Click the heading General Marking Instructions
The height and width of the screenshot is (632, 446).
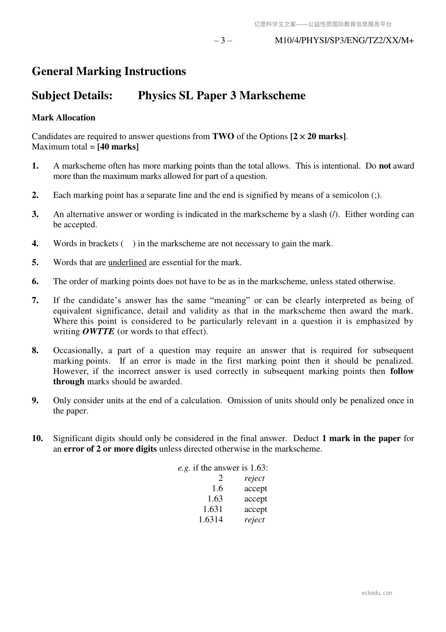pos(109,71)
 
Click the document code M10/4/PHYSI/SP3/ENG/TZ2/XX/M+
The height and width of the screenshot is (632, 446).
pos(344,41)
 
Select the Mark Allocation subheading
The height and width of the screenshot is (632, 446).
pos(63,117)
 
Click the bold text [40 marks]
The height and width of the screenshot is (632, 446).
pos(118,147)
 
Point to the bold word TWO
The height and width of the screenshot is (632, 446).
pos(223,136)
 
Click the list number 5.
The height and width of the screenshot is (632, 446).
pos(35,262)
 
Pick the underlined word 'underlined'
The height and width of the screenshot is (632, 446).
pos(127,262)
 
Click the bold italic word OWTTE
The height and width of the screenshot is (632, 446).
pos(98,332)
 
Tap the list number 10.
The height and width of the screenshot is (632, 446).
pos(37,438)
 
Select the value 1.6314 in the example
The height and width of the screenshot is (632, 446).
pos(210,519)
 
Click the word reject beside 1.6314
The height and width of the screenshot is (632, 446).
pos(254,519)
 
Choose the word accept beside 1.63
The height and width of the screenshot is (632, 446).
pos(255,499)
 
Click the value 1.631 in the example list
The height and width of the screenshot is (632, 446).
pos(213,509)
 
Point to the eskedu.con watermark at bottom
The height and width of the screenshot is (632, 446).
pos(377,593)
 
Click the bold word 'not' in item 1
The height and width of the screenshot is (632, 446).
pos(385,166)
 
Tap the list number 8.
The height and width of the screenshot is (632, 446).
pos(35,350)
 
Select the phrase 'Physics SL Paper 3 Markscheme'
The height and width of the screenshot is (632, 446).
pos(221,96)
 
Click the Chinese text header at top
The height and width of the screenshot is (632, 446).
pos(323,24)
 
